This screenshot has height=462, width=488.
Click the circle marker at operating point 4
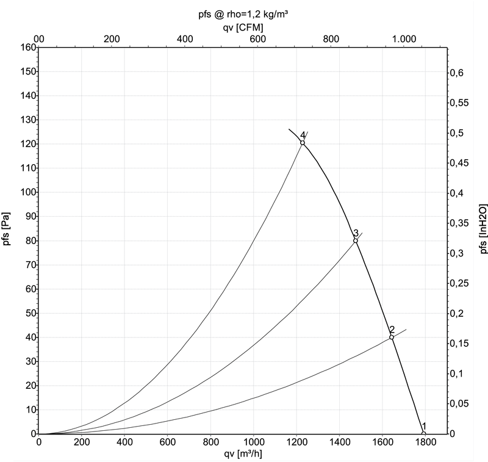pyautogui.click(x=303, y=143)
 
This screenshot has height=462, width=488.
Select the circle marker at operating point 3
pyautogui.click(x=356, y=240)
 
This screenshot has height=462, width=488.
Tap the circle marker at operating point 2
pyautogui.click(x=392, y=337)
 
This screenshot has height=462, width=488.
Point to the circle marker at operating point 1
pyautogui.click(x=423, y=433)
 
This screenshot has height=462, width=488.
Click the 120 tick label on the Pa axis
pyautogui.click(x=28, y=144)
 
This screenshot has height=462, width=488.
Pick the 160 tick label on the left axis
pyautogui.click(x=28, y=48)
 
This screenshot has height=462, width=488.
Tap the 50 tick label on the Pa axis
pyautogui.click(x=31, y=313)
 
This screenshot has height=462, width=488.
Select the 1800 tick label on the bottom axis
pyautogui.click(x=424, y=442)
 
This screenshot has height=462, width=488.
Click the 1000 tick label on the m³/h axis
pyautogui.click(x=253, y=442)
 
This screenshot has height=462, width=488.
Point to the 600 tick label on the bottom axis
pyautogui.click(x=168, y=442)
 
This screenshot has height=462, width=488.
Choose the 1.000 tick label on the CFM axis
pyautogui.click(x=404, y=39)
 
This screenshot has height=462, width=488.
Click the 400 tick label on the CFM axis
pyautogui.click(x=185, y=39)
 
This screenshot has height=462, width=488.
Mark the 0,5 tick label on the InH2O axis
pyautogui.click(x=456, y=133)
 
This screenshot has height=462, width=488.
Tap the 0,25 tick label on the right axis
pyautogui.click(x=459, y=283)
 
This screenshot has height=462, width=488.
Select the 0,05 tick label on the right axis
pyautogui.click(x=459, y=403)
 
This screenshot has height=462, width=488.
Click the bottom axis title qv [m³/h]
pyautogui.click(x=243, y=454)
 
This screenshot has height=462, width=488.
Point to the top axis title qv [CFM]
pyautogui.click(x=243, y=27)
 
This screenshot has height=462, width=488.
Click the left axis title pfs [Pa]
pyautogui.click(x=7, y=229)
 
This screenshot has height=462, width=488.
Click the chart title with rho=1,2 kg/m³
pyautogui.click(x=243, y=14)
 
